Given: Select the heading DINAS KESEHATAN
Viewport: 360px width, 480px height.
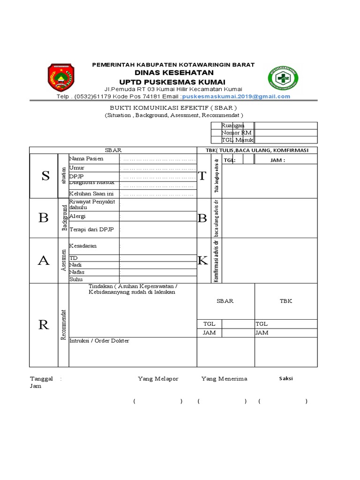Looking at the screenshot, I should click(174, 72).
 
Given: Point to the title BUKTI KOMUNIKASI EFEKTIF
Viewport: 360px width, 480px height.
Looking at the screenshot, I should click(173, 107).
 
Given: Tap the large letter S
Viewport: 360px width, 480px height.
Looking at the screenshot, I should click(45, 176).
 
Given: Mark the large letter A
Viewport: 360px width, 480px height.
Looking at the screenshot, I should click(44, 262).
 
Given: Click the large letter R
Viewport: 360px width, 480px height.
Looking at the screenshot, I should click(44, 324).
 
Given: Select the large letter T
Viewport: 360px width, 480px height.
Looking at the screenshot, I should click(202, 176).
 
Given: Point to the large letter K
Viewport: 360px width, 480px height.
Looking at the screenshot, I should click(202, 261).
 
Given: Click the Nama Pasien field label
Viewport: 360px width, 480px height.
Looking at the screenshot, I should click(86, 158).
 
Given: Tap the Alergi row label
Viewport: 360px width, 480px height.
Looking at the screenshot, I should click(77, 216).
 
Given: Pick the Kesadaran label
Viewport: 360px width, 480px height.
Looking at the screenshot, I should click(83, 246).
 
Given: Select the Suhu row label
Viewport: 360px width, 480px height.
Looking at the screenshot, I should click(76, 279).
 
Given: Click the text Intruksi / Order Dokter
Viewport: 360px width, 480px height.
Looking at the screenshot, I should click(99, 341).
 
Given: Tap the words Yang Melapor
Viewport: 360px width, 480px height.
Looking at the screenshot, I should click(158, 379).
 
